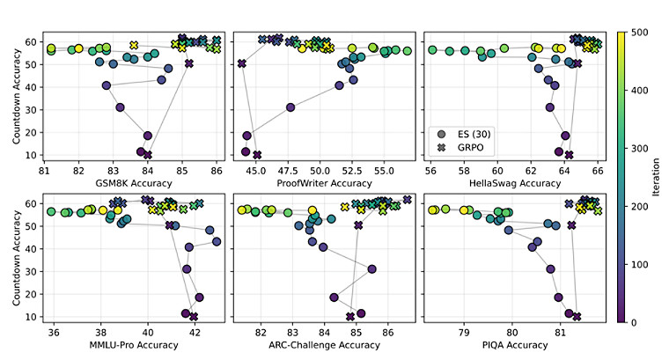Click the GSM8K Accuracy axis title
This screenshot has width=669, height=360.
(x=133, y=183)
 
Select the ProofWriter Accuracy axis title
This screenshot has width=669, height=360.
(x=324, y=183)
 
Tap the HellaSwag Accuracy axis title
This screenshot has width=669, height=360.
(x=515, y=183)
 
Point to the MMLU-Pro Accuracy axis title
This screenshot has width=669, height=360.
(x=133, y=345)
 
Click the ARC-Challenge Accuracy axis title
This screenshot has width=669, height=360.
(x=324, y=345)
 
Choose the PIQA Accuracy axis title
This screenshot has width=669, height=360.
(x=515, y=345)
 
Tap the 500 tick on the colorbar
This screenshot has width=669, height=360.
(x=640, y=33)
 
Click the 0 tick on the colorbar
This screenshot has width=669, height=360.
(x=634, y=322)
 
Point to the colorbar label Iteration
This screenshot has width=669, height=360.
(x=656, y=177)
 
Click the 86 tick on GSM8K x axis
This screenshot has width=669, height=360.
(x=217, y=171)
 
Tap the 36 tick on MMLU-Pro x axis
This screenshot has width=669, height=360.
(x=54, y=333)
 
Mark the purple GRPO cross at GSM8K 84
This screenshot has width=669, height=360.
(x=148, y=155)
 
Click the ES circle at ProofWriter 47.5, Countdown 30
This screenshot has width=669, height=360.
(x=290, y=107)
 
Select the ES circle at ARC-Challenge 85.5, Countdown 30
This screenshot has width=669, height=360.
(x=371, y=269)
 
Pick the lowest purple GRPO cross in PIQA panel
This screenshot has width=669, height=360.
(x=577, y=317)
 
